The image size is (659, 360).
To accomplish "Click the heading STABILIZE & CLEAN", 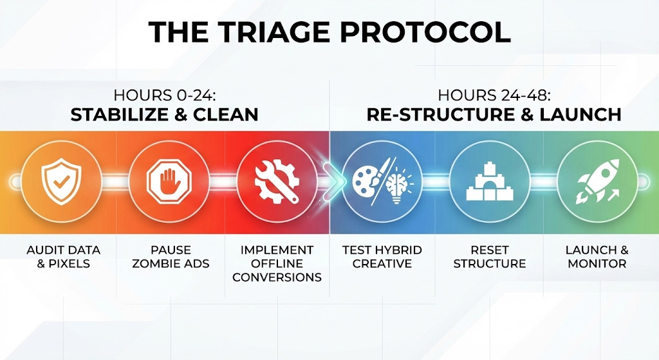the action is (x=164, y=115).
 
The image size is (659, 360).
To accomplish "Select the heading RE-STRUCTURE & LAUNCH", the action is (x=494, y=115).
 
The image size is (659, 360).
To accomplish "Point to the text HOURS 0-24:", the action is (x=164, y=95).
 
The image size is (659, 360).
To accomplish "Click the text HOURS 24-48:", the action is (x=494, y=95).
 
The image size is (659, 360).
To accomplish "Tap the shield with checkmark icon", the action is (x=61, y=182).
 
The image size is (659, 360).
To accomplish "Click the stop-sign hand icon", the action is (x=169, y=182).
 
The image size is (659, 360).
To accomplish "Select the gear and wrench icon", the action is (x=277, y=182).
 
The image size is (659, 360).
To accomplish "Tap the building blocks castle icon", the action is (x=490, y=182).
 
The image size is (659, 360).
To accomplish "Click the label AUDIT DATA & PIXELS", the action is (x=64, y=256).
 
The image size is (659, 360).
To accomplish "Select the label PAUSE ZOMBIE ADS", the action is (x=171, y=256).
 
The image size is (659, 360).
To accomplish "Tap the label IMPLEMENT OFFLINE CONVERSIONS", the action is (x=277, y=263).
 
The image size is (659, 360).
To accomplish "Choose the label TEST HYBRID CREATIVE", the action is (x=382, y=256).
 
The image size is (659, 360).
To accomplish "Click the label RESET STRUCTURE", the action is (x=490, y=256).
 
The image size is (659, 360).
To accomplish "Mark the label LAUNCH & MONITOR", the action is (x=597, y=256).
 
